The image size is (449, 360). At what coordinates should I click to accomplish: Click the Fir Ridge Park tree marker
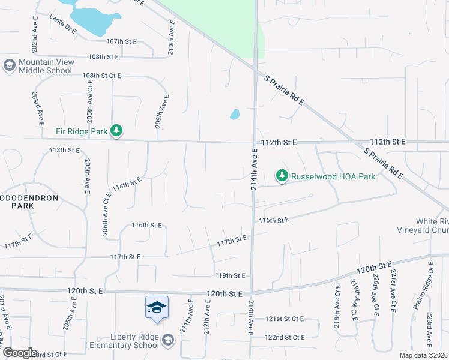117,131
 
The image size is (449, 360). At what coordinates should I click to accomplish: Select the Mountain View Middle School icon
9,65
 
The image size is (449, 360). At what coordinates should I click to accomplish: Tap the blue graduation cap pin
157,308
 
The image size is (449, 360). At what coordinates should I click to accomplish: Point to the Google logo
19,353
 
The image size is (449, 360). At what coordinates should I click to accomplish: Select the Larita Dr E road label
63,25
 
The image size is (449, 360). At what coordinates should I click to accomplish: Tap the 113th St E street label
64,150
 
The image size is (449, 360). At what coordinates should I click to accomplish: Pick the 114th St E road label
127,182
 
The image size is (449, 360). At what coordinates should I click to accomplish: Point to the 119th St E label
231,275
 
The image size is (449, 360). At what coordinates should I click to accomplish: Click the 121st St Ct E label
286,319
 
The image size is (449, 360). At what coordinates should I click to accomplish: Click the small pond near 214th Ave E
235,114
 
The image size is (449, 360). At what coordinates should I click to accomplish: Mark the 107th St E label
122,41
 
